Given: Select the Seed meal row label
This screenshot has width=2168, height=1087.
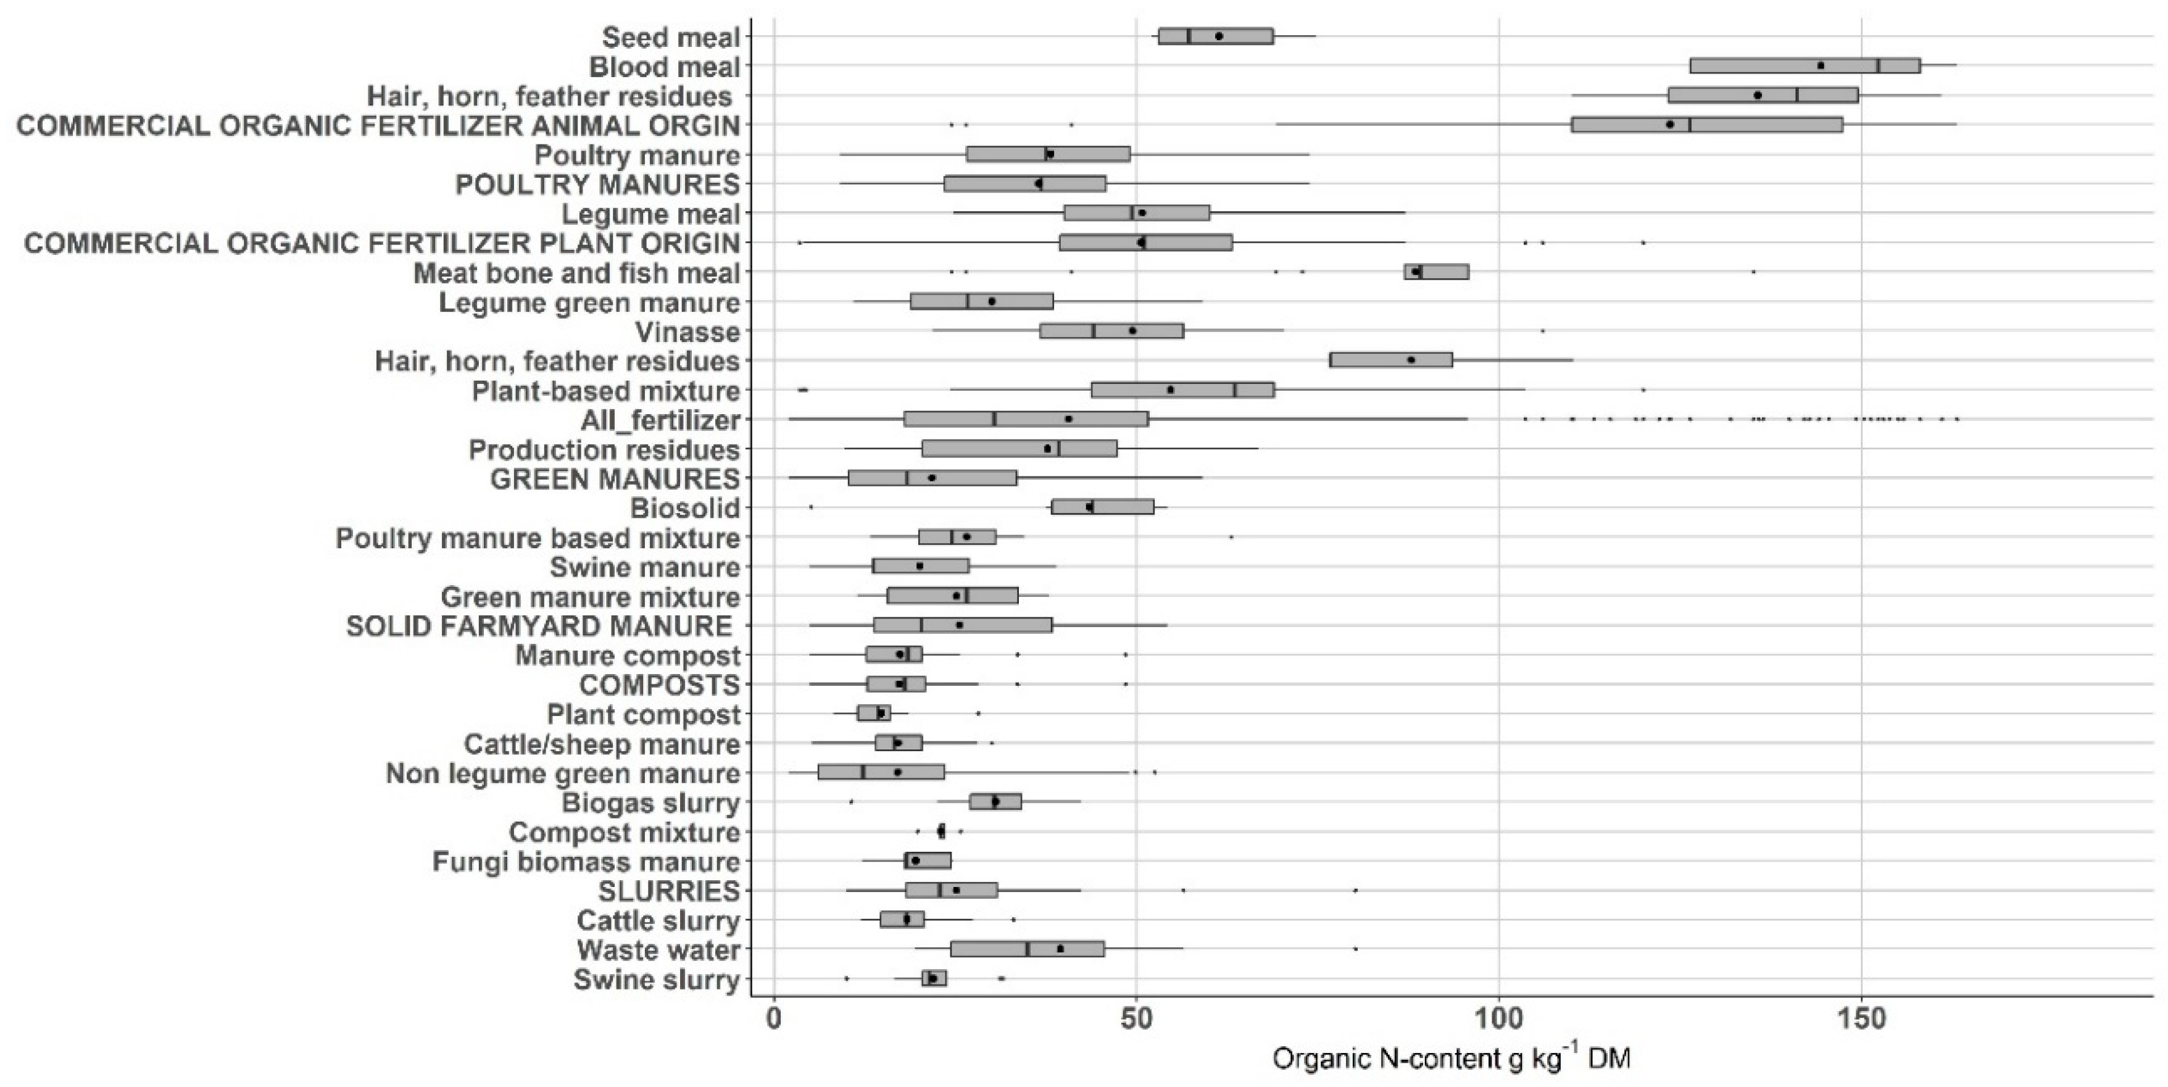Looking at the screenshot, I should tap(671, 37).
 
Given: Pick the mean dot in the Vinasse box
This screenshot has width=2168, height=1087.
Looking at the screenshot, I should tap(1132, 331).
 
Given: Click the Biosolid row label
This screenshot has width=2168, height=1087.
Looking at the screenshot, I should tap(685, 508).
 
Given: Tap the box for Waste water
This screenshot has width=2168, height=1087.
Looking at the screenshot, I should tap(1027, 949).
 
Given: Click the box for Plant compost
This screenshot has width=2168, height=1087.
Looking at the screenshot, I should tap(874, 713).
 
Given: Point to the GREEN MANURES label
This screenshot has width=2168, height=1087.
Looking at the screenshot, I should tap(615, 479).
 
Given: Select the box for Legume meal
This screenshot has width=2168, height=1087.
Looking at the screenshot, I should tap(1136, 213).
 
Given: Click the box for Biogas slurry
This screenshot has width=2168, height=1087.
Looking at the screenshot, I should tap(995, 802).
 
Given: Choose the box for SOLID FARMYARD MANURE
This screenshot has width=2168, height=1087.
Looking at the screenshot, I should tap(962, 625).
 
